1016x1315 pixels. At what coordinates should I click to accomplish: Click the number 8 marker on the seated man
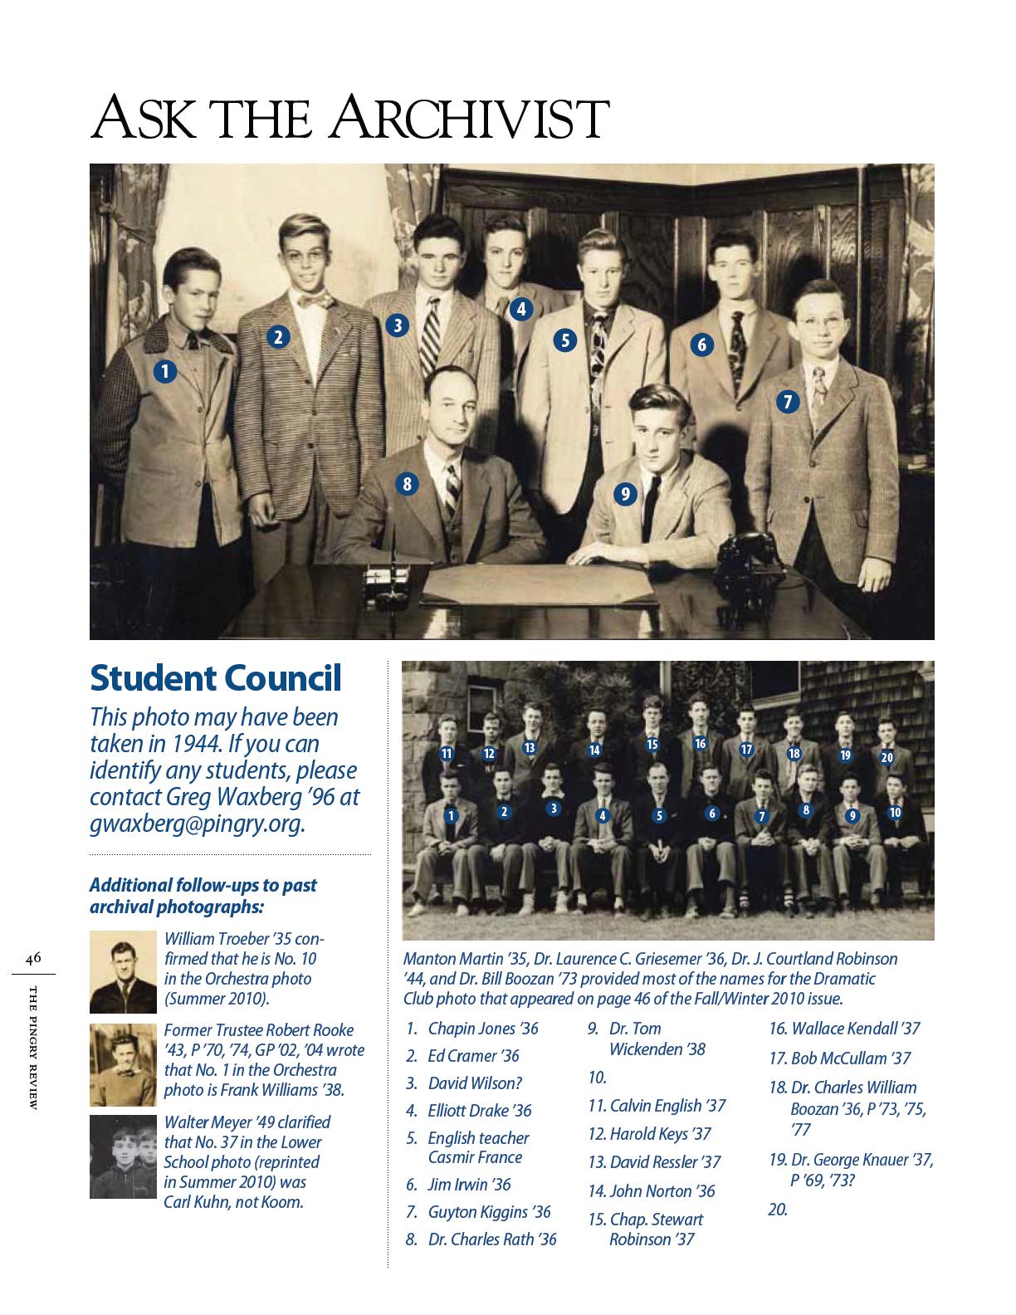(406, 484)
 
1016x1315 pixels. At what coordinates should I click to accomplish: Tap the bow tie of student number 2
(315, 301)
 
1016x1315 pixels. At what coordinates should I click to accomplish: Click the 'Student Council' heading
(215, 678)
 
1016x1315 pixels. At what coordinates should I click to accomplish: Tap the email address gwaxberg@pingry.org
(197, 824)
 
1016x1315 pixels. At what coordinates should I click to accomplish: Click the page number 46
(33, 958)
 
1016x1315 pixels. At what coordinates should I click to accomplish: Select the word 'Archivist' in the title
(470, 119)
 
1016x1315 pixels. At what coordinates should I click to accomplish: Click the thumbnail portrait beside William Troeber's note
(123, 972)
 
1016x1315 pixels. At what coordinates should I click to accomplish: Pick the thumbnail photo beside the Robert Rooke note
(123, 1065)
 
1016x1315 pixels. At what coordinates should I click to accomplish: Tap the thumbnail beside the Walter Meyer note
(123, 1156)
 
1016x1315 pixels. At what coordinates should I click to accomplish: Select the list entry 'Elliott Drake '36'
(479, 1111)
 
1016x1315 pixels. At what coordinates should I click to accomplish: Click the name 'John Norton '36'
(662, 1191)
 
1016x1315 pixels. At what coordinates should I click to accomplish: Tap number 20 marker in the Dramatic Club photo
(887, 757)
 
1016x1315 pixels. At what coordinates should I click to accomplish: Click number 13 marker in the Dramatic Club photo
(529, 747)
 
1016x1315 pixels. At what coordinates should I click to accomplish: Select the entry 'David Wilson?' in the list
(475, 1083)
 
